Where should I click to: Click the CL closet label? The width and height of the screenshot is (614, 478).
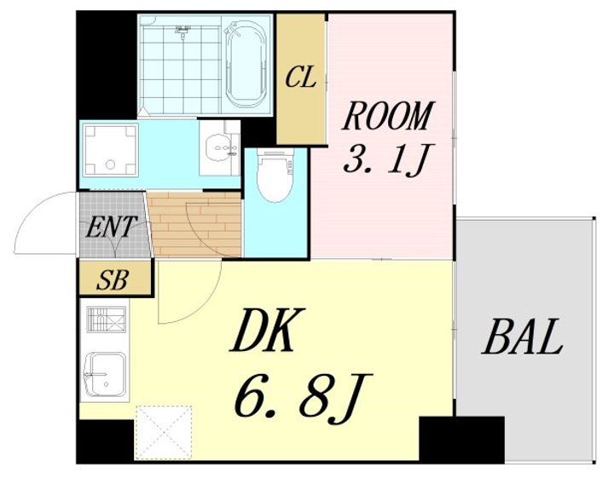(300, 78)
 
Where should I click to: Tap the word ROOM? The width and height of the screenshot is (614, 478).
(388, 116)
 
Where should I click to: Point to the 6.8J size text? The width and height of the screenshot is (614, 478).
(303, 398)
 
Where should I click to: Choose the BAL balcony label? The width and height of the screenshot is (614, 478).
(522, 337)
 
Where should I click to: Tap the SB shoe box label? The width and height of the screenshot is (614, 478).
(113, 280)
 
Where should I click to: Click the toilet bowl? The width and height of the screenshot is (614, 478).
(275, 176)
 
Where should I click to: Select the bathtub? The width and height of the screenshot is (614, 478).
(246, 64)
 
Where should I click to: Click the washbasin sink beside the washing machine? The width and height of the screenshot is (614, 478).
(219, 148)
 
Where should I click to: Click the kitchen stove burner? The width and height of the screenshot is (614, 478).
(107, 320)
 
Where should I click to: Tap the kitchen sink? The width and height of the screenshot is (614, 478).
(106, 375)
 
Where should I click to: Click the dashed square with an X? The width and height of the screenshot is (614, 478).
(164, 433)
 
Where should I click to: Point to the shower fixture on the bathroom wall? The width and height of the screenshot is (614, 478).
(182, 32)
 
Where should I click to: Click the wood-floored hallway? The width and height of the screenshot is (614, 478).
(194, 224)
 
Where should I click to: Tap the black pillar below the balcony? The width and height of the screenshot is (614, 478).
(461, 440)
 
